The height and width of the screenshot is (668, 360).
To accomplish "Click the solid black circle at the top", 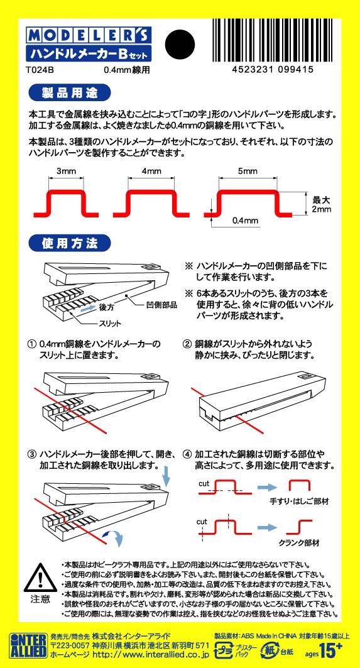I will click(181, 44).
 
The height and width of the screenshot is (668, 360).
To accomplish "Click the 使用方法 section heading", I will click(69, 243).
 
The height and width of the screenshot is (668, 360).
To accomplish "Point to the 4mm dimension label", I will click(151, 172).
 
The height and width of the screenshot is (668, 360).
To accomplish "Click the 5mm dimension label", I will click(247, 172).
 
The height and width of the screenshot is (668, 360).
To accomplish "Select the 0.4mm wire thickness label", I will click(245, 221).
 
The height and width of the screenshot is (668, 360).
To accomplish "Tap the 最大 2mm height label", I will click(321, 204).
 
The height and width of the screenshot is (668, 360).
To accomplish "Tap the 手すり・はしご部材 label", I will click(299, 501).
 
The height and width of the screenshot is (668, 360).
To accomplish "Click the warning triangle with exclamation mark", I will click(40, 578).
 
